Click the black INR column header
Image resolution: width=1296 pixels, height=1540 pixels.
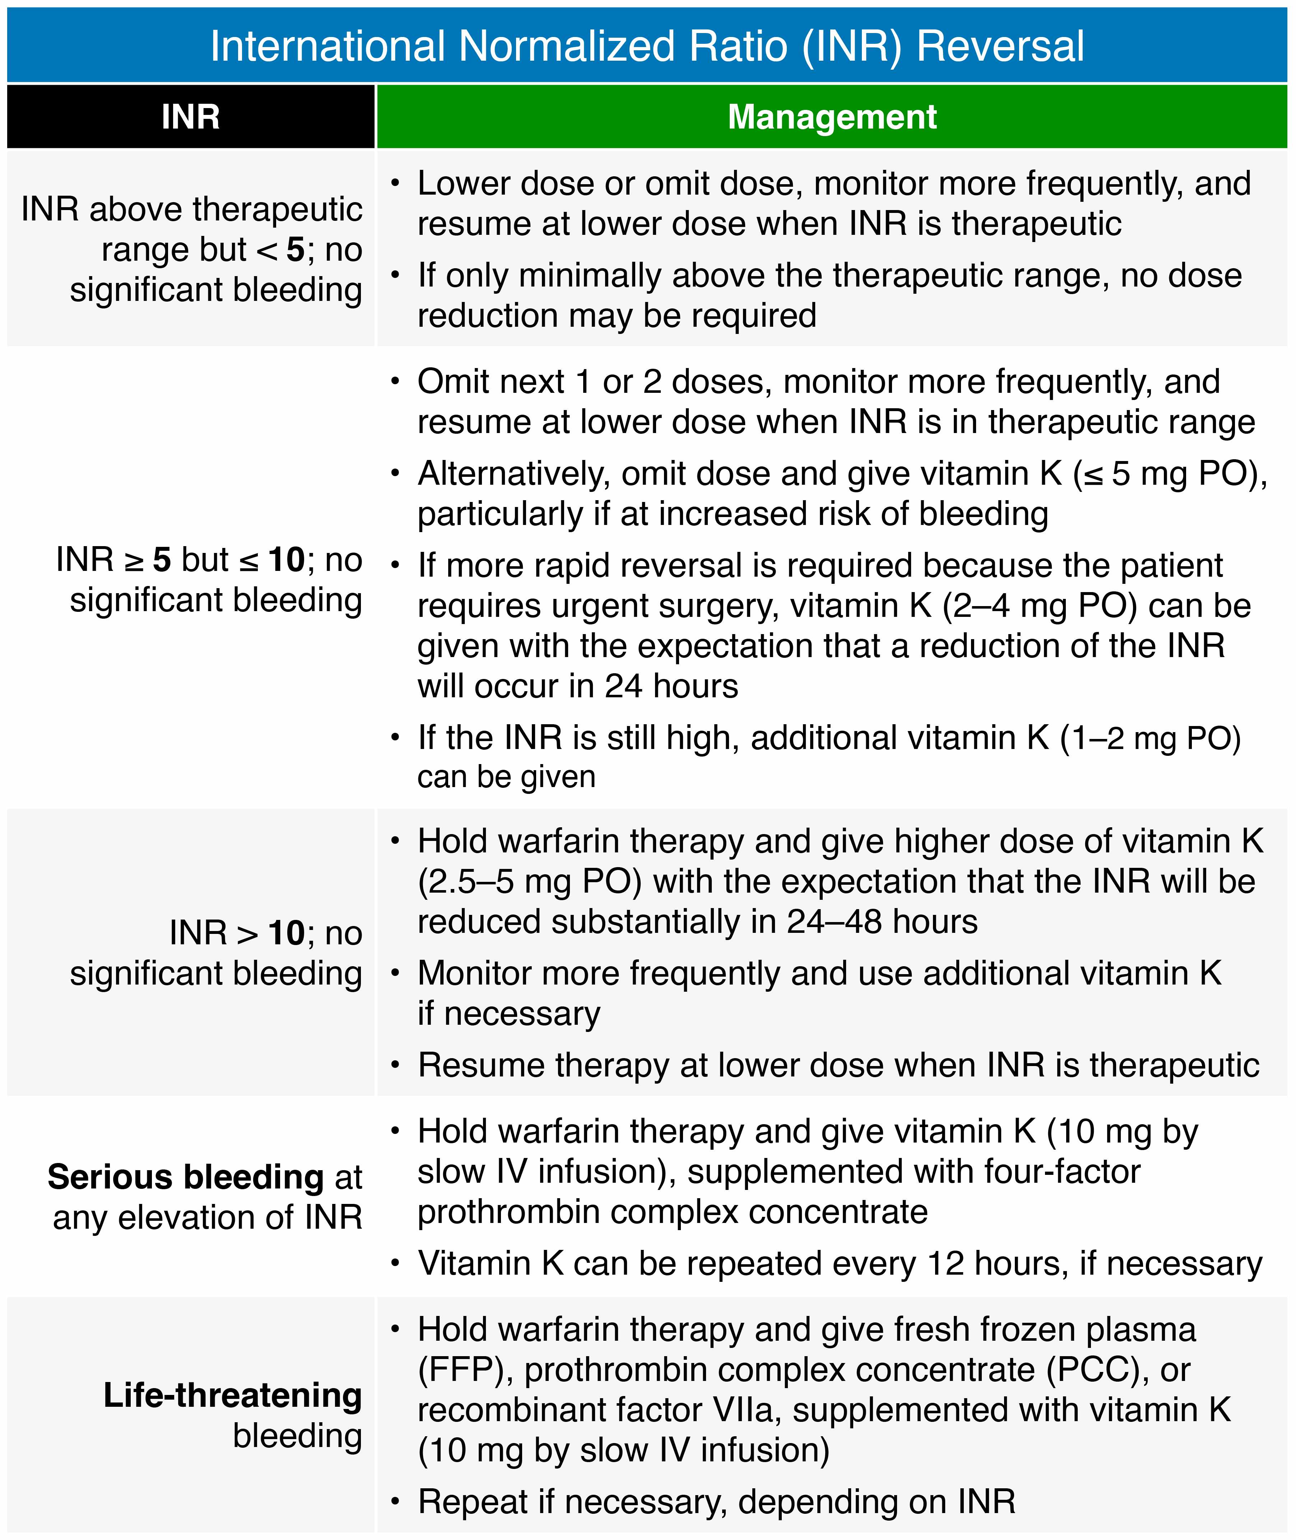coord(190,117)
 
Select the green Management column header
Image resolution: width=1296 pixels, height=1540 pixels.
coord(832,117)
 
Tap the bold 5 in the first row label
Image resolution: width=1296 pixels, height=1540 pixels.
coord(295,250)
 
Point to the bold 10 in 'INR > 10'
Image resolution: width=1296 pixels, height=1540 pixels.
coord(286,933)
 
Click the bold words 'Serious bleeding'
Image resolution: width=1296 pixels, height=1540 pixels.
coord(185,1177)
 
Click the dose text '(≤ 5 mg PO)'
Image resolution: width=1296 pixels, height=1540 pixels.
coord(1170,474)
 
